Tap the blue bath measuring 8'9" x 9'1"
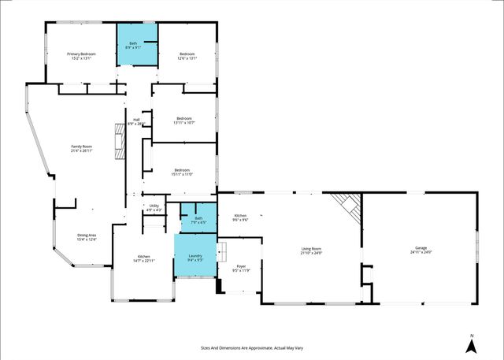137,46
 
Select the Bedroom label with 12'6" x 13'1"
187,56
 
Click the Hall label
136,121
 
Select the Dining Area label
87,237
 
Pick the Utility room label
154,208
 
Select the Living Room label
312,251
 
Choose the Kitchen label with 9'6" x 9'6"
240,218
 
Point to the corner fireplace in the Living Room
346,205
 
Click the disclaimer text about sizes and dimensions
252,347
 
